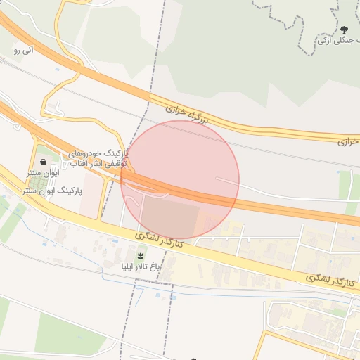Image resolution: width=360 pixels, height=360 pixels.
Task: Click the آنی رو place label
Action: tap(23, 50)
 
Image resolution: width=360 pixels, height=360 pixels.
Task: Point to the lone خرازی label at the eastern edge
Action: tap(347, 141)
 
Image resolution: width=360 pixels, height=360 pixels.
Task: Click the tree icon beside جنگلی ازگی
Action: tap(345, 30)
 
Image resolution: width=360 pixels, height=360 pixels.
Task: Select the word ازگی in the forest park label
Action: tap(325, 41)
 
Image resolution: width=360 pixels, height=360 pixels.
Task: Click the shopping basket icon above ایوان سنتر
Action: tap(44, 161)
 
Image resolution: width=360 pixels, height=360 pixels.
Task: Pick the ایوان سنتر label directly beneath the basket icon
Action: tap(44, 172)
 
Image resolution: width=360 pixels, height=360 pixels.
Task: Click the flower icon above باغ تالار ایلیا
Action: tap(141, 254)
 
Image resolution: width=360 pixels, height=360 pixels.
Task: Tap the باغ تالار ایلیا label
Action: tap(140, 267)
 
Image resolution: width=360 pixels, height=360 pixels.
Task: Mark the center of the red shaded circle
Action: tap(180, 180)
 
